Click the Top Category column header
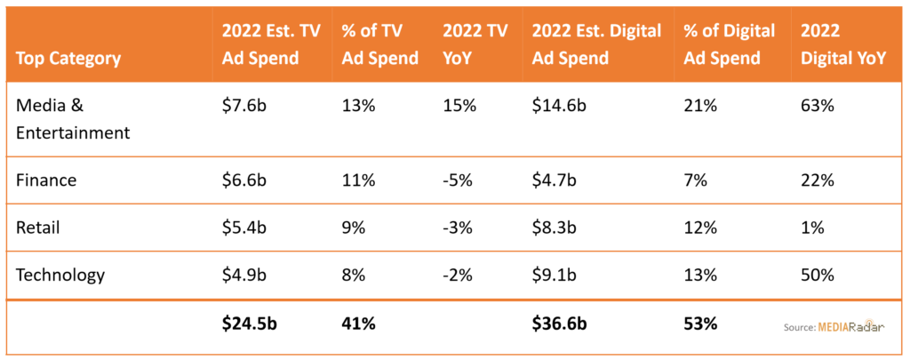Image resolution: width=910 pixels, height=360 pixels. click(x=68, y=59)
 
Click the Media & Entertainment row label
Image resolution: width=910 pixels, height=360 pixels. click(x=73, y=120)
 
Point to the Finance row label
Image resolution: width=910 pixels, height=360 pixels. click(x=46, y=180)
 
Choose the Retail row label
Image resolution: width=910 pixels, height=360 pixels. click(x=37, y=228)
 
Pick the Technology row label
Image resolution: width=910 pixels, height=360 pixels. click(x=60, y=275)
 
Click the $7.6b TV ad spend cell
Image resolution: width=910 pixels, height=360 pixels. click(x=243, y=107)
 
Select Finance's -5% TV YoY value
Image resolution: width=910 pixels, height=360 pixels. click(x=458, y=180)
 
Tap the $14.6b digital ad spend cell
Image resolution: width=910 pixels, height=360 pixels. click(x=559, y=107)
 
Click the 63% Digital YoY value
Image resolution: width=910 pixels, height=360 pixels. click(x=818, y=107)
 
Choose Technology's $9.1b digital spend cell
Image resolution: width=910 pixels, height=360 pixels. click(x=555, y=275)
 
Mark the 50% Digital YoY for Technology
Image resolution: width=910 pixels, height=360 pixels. click(x=818, y=275)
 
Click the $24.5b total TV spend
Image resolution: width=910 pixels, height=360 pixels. click(x=250, y=324)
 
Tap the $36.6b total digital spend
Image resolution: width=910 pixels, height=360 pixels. click(x=560, y=324)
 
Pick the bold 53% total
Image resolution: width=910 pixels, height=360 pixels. click(x=701, y=324)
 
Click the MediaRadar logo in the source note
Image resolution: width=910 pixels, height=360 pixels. click(x=851, y=326)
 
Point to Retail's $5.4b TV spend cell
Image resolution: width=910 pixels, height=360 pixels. click(x=243, y=228)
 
